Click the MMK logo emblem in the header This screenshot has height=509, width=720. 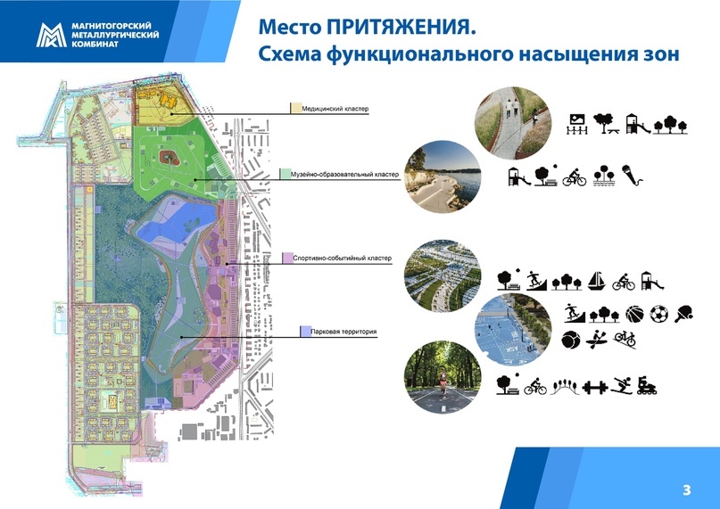(x=52, y=36)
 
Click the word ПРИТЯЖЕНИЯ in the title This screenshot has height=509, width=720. (x=401, y=27)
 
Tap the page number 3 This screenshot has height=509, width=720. (x=686, y=490)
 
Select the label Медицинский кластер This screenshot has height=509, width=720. (x=335, y=109)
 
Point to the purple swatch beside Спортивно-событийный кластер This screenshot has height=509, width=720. (x=287, y=258)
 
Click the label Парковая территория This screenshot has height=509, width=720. (x=343, y=332)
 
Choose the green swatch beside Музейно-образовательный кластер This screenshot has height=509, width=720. (x=285, y=174)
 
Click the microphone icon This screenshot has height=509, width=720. (x=633, y=176)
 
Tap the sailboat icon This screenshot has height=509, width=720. (x=597, y=281)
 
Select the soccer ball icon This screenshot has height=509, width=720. (x=658, y=314)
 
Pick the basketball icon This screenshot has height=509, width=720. (x=634, y=315)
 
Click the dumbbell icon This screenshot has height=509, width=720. (x=595, y=388)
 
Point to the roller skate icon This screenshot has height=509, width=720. (x=647, y=386)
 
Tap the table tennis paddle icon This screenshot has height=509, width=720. (x=683, y=314)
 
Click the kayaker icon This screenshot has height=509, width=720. (x=597, y=340)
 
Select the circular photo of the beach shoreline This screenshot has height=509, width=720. (x=443, y=177)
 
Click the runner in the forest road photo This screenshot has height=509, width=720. (x=443, y=382)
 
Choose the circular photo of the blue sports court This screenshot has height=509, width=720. (x=513, y=330)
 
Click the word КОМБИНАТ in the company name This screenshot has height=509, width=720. (x=95, y=44)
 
